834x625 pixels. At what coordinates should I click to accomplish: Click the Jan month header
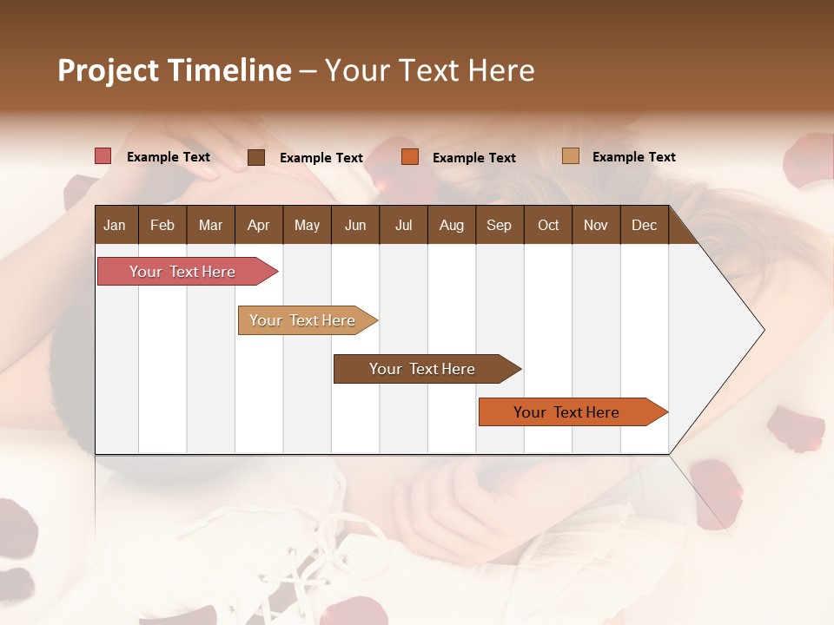[x=115, y=226]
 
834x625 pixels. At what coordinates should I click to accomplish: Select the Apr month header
[x=259, y=226]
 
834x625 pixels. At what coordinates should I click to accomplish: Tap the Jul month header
[x=403, y=226]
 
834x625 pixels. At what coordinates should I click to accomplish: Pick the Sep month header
[x=499, y=226]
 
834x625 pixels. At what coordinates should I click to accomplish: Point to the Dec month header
[x=644, y=226]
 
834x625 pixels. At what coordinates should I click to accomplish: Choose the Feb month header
[x=162, y=226]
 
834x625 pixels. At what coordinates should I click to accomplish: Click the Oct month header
[x=548, y=226]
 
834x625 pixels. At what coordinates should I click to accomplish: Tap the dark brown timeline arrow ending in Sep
[x=423, y=369]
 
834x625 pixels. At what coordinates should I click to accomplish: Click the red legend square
[x=103, y=156]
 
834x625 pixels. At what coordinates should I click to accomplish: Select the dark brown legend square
[x=256, y=157]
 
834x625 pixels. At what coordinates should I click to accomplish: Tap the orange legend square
[x=410, y=157]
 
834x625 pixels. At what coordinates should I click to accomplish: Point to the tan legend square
[x=571, y=156]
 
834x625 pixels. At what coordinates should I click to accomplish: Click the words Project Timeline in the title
[x=175, y=70]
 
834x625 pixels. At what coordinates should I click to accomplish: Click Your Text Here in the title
[x=430, y=70]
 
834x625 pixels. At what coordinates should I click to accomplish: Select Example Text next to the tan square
[x=633, y=157]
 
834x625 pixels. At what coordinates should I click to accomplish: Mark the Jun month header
[x=355, y=226]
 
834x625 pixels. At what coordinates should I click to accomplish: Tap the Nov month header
[x=596, y=226]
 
